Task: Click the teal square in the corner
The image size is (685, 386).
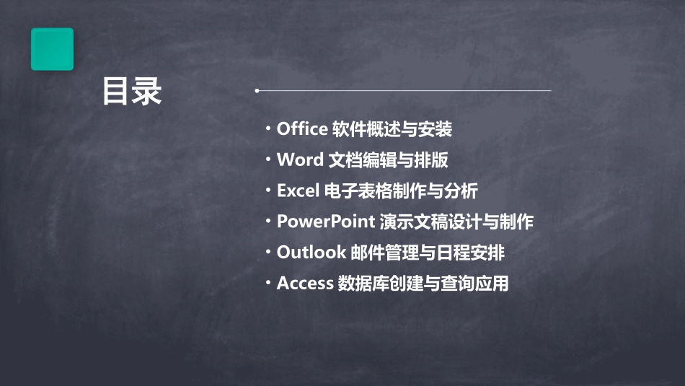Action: pyautogui.click(x=52, y=49)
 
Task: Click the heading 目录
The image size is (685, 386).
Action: pyautogui.click(x=131, y=92)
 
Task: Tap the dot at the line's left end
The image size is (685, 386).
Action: pyautogui.click(x=257, y=91)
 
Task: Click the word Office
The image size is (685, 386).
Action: pyautogui.click(x=302, y=129)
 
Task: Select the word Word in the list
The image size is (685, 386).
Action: pyautogui.click(x=300, y=160)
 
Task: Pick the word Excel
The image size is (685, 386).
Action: pyautogui.click(x=297, y=191)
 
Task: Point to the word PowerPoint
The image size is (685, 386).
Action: pyautogui.click(x=325, y=221)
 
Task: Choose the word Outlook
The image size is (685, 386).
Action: pyautogui.click(x=310, y=253)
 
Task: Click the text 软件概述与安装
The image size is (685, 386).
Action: pyautogui.click(x=392, y=129)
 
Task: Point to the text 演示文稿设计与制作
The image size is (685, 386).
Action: pyautogui.click(x=456, y=221)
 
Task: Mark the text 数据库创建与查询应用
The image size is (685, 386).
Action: pyautogui.click(x=423, y=284)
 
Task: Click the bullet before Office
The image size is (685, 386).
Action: pyautogui.click(x=268, y=129)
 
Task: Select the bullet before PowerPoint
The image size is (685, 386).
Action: pyautogui.click(x=268, y=221)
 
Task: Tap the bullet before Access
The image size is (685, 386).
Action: pyautogui.click(x=268, y=284)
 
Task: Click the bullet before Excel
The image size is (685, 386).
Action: pyautogui.click(x=268, y=191)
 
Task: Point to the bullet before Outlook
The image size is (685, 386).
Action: pyautogui.click(x=268, y=253)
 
